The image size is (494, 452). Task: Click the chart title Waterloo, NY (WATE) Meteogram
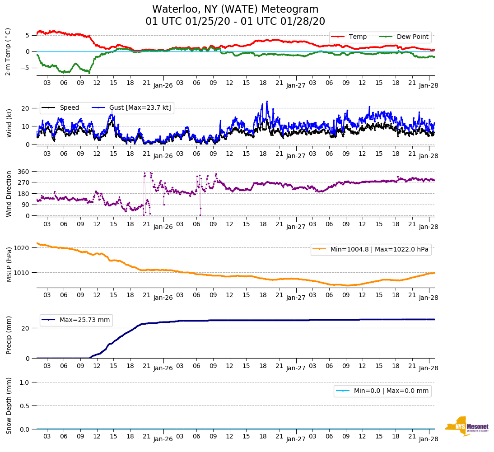235,9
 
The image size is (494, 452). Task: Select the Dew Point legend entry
413,37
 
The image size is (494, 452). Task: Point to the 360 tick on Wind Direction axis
24,172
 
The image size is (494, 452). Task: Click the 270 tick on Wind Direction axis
24,182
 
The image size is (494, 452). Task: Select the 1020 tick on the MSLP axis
23,248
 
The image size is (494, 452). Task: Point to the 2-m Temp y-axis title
8,51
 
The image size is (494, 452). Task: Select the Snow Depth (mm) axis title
9,405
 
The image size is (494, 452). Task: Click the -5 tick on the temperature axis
27,68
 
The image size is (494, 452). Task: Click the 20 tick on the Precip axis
26,328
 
